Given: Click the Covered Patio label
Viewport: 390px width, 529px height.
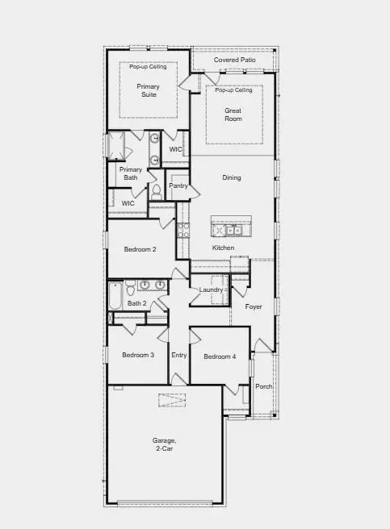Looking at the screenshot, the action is click(x=234, y=60).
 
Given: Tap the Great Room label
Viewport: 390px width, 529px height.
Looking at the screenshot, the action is click(x=233, y=115).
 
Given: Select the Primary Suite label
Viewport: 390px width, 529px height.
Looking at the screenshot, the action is click(x=148, y=90).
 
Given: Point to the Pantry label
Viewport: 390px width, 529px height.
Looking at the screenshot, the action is click(x=178, y=185).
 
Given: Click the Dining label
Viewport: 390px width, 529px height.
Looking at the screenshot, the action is click(x=232, y=177).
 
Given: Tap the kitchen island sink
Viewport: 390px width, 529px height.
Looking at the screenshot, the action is click(x=234, y=231).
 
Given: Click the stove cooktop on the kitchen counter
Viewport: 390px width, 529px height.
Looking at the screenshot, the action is click(x=183, y=230).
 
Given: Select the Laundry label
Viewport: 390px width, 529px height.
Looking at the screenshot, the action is click(x=211, y=289).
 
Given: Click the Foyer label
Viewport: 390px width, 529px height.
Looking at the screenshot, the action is click(x=254, y=306).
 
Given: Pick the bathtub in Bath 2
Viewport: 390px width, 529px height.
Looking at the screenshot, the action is click(x=115, y=296).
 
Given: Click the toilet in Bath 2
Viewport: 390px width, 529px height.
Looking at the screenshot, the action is click(x=131, y=288).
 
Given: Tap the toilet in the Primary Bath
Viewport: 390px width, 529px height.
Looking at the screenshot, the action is click(x=156, y=192).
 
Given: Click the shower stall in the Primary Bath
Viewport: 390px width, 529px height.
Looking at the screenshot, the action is click(x=115, y=145).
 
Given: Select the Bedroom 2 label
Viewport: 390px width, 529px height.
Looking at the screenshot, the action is click(x=140, y=249).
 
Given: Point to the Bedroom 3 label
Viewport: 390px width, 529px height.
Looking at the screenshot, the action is click(x=138, y=355).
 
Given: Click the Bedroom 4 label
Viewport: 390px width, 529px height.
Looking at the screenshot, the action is click(x=220, y=356).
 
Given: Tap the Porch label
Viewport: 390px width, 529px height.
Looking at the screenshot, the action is click(x=264, y=386).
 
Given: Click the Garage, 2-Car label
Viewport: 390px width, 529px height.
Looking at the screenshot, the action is click(x=164, y=444).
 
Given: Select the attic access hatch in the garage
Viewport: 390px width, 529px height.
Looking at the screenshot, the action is click(x=172, y=400).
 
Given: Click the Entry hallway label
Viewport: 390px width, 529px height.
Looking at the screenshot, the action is click(x=178, y=356).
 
